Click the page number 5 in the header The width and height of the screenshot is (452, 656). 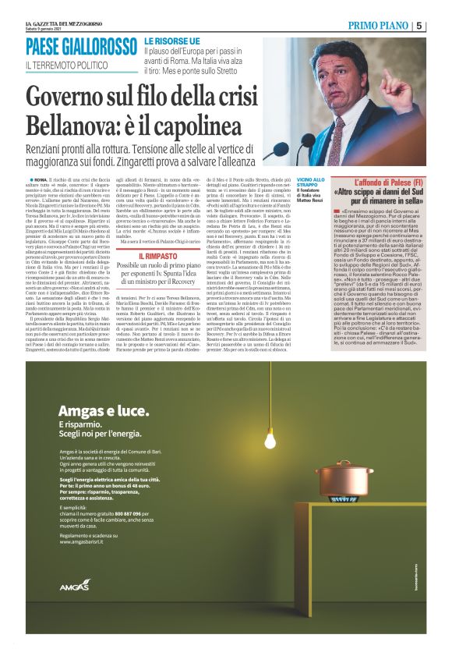click(x=442, y=26)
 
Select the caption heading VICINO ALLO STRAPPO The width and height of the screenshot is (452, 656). click(x=309, y=185)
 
